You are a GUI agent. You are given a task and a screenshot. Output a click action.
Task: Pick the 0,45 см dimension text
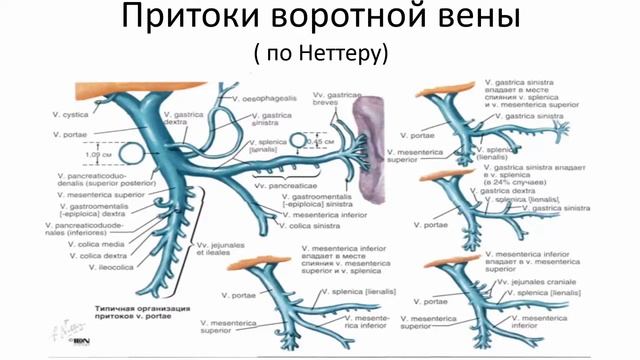[322, 141]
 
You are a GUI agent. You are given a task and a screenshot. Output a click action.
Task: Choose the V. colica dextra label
[75, 256]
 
